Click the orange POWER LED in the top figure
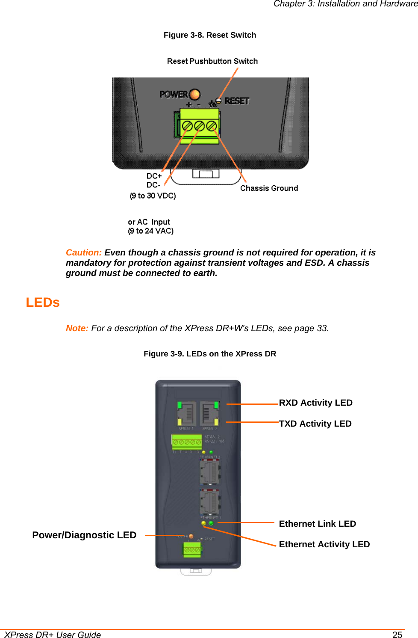click(194, 94)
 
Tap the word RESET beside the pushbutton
click(237, 101)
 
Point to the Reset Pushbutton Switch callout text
click(212, 61)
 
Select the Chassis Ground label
click(269, 188)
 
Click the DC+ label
click(154, 176)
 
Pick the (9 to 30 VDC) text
click(153, 196)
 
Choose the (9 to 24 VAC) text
click(150, 231)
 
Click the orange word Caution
click(83, 252)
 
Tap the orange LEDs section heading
click(43, 303)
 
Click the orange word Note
click(77, 328)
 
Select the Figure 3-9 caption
click(210, 354)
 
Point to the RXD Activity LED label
click(315, 403)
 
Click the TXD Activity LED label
click(315, 424)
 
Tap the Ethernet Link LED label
click(317, 524)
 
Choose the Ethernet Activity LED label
click(324, 544)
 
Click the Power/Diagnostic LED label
click(84, 535)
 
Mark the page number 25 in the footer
click(397, 635)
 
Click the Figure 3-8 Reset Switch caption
click(210, 35)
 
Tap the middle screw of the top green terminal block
click(199, 126)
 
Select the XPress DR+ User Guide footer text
click(53, 635)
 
